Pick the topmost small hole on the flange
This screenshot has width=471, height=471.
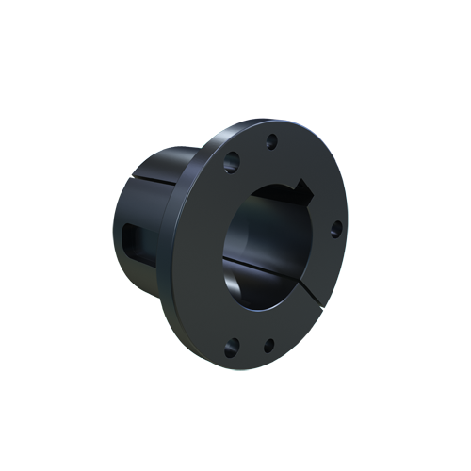pyautogui.click(x=271, y=141)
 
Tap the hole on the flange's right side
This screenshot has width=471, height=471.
pyautogui.click(x=334, y=229)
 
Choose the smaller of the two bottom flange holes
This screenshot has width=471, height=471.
pyautogui.click(x=268, y=345)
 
